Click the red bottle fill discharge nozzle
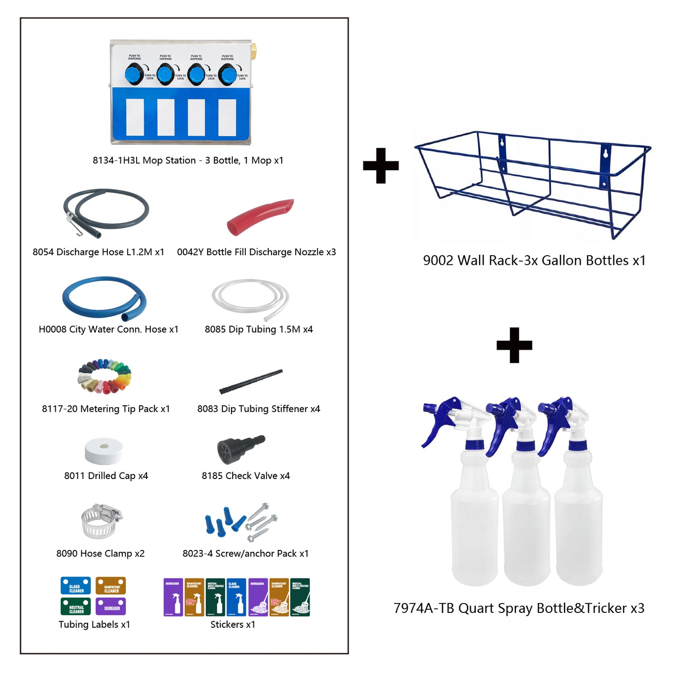[259, 216]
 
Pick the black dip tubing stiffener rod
[251, 382]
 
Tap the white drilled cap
[104, 451]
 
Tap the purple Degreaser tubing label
[111, 607]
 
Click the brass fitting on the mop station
[253, 48]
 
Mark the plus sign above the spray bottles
[514, 345]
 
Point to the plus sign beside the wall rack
[381, 166]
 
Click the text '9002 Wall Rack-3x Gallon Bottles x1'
[534, 260]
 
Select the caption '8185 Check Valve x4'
[246, 476]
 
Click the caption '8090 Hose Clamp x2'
[100, 554]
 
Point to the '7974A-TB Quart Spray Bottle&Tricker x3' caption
[519, 608]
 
